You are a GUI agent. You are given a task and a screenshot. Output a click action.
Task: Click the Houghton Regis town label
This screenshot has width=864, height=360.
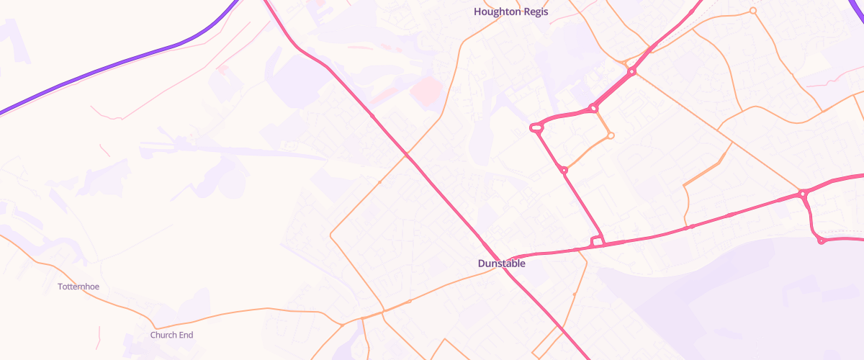[510, 12]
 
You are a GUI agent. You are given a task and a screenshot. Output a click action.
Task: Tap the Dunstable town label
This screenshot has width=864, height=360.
[501, 264]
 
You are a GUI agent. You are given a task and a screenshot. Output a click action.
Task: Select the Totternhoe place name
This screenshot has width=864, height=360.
[78, 287]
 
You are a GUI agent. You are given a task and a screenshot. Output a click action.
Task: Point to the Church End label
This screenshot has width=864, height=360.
[171, 335]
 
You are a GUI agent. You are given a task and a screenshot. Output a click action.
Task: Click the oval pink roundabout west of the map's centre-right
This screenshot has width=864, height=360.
[536, 128]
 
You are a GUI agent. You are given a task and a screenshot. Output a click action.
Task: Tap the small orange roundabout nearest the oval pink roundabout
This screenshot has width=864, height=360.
[611, 135]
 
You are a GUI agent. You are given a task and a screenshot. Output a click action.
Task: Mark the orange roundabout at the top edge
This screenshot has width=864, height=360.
[753, 11]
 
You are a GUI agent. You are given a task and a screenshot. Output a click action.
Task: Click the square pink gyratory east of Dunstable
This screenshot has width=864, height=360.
[596, 241]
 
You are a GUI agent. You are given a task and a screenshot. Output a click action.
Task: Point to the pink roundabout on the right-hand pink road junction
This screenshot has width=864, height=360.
[801, 194]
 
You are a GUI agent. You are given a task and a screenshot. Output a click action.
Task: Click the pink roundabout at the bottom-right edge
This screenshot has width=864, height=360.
[821, 240]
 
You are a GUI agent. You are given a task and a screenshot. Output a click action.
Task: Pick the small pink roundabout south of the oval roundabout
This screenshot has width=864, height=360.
[564, 170]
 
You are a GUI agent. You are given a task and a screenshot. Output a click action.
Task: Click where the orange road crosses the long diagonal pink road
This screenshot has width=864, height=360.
[407, 154]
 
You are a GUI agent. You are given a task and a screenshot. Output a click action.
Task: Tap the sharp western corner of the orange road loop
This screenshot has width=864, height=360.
[330, 235]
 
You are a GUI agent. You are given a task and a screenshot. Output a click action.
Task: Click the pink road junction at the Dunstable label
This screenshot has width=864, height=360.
[510, 260]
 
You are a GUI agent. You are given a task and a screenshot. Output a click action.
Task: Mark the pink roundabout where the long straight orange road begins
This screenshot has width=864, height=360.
[631, 71]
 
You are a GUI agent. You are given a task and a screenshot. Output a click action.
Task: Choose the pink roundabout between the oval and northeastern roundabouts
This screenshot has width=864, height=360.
[593, 109]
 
